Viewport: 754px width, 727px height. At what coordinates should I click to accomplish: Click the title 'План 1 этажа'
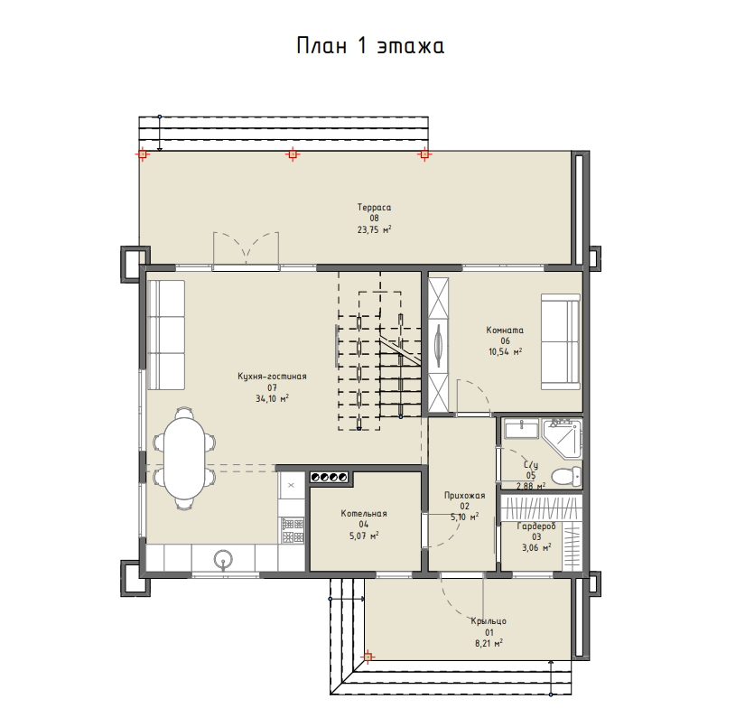[370, 46]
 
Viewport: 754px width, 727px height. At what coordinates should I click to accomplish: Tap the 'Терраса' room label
[374, 207]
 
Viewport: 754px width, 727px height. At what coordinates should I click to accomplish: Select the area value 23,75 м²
[374, 229]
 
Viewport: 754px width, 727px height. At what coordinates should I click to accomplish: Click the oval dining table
[184, 458]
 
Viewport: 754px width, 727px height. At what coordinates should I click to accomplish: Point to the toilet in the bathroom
[566, 476]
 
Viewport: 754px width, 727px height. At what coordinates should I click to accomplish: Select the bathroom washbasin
[521, 429]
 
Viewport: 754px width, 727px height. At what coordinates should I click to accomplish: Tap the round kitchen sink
[223, 559]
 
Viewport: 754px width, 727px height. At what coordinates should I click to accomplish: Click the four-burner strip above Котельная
[329, 477]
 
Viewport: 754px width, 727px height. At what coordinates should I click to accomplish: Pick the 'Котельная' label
[364, 514]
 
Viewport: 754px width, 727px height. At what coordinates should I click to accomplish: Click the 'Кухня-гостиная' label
[272, 377]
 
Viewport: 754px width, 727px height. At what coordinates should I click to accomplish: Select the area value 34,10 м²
[272, 398]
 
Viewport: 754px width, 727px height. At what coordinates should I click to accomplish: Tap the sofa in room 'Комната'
[561, 342]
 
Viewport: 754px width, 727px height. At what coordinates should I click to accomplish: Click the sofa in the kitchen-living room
[166, 335]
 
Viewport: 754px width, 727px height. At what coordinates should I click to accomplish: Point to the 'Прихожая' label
[464, 495]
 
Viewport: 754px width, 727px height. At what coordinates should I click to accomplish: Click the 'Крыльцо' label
[489, 621]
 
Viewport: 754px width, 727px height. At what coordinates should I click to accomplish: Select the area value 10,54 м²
[506, 352]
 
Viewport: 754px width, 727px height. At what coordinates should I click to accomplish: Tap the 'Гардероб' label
[536, 527]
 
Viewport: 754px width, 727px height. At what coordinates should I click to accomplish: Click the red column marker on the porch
[368, 657]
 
